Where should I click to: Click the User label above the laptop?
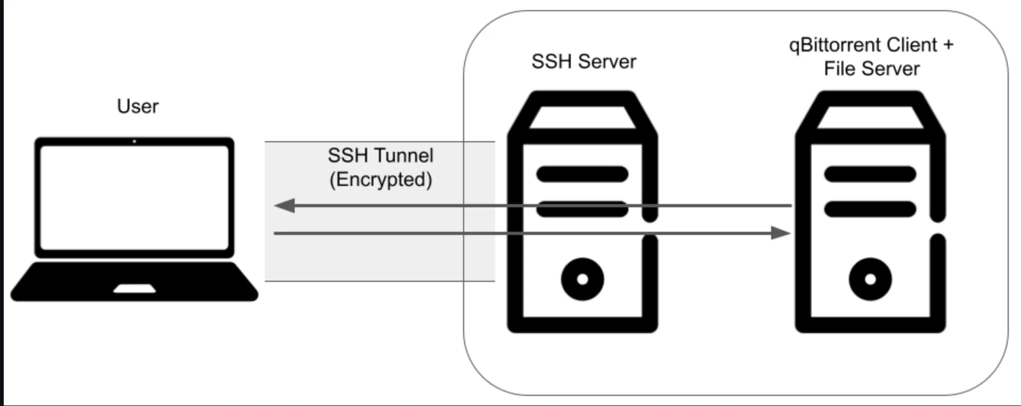[x=137, y=107]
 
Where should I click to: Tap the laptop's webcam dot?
[x=134, y=141]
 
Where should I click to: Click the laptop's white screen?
[x=134, y=197]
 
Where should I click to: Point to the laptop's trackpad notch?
[x=134, y=289]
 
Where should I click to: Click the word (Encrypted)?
[x=380, y=180]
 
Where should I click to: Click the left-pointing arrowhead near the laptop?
[x=285, y=206]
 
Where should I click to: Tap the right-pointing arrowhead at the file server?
[x=781, y=233]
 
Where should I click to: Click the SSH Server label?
[x=584, y=62]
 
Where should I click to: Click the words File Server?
[x=872, y=69]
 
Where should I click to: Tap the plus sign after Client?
[x=948, y=45]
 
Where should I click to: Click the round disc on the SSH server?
[x=582, y=279]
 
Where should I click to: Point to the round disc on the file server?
[x=870, y=279]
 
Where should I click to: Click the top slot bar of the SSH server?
[x=582, y=174]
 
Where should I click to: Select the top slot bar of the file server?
[x=870, y=174]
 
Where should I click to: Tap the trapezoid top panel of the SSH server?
[x=582, y=118]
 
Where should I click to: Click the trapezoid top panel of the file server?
[x=870, y=118]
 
